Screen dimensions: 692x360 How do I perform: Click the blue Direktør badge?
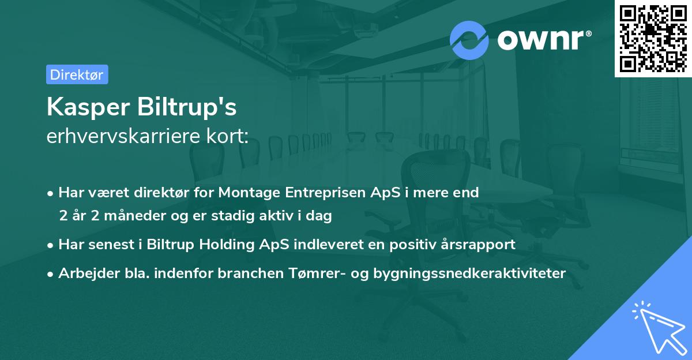click(x=77, y=74)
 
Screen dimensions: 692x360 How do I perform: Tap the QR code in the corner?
click(x=653, y=39)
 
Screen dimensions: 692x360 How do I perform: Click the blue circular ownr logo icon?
click(x=469, y=40)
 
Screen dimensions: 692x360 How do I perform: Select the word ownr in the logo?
click(x=541, y=40)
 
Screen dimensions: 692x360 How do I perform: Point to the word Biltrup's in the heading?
click(x=187, y=107)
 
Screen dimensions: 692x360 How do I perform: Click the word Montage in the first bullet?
click(x=249, y=193)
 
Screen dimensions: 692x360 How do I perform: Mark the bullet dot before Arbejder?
click(x=50, y=274)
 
